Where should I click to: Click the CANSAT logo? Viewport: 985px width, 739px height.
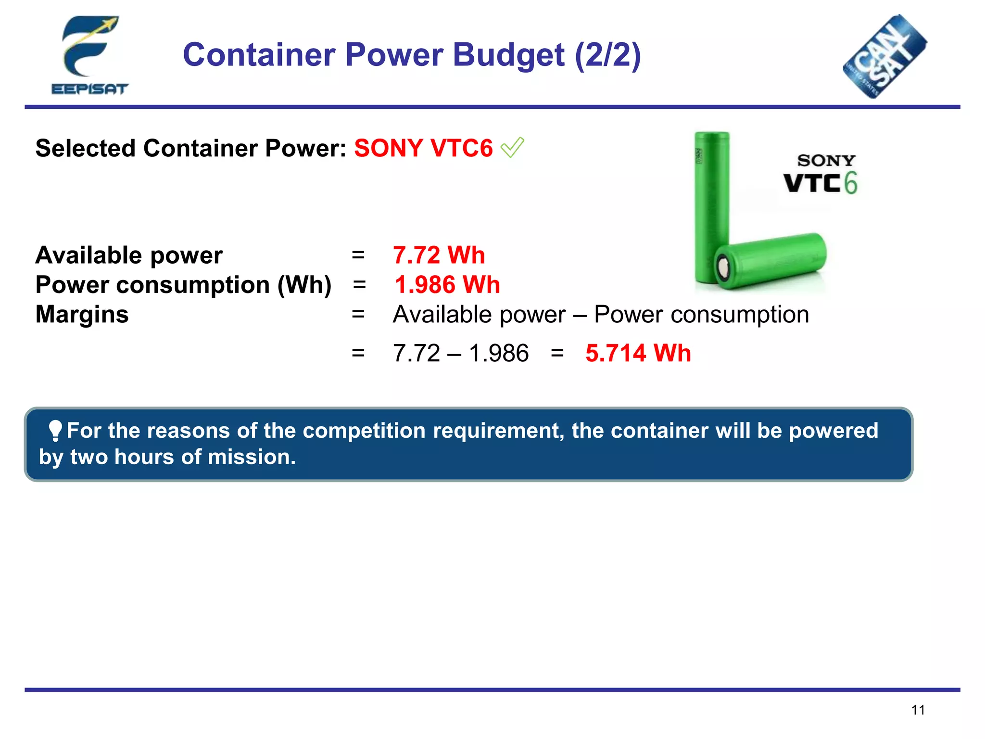pos(885,57)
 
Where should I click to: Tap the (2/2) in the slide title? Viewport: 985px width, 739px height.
pos(608,55)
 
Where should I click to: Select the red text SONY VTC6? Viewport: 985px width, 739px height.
pos(423,148)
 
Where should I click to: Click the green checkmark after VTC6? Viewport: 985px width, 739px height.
pos(512,147)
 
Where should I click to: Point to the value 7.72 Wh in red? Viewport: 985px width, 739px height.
pos(439,255)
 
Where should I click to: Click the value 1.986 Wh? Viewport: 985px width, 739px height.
pos(447,285)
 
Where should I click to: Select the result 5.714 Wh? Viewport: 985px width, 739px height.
pos(638,353)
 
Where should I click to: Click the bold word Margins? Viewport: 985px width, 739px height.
pos(82,315)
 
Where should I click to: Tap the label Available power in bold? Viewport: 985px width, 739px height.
pos(129,255)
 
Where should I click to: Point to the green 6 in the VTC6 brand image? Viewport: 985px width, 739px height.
pos(851,183)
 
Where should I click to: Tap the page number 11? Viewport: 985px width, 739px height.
pos(918,710)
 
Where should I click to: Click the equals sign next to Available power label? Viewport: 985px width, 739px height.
pos(358,255)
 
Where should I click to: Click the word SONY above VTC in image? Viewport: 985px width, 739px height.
pos(826,160)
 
